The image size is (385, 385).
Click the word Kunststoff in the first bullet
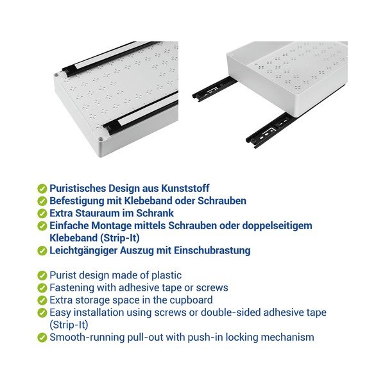point(185,188)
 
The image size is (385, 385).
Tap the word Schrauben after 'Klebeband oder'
point(222,201)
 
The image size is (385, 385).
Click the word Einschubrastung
point(212,251)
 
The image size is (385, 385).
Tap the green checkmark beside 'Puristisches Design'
point(42,189)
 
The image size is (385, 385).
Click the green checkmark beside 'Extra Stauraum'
point(42,214)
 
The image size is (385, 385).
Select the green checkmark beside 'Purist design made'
point(42,275)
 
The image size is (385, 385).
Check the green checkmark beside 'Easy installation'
point(42,313)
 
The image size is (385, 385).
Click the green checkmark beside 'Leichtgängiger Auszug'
point(42,251)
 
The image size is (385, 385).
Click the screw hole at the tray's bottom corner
point(101,139)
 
